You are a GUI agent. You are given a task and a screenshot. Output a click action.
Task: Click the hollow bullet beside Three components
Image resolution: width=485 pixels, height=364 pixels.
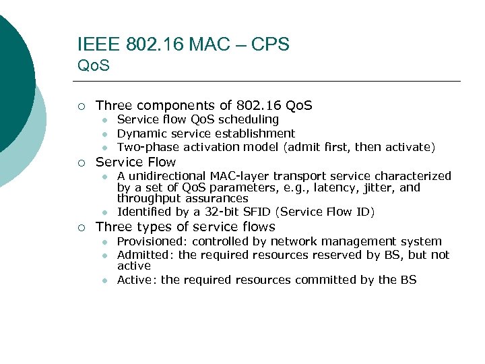81,106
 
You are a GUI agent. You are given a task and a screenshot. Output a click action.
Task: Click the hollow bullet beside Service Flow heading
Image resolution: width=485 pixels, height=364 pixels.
81,162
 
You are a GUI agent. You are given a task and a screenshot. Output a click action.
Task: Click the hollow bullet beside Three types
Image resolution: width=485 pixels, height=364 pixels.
81,227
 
